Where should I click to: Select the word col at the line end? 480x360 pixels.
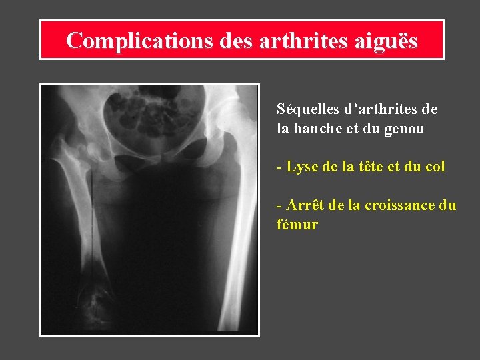tap(434, 167)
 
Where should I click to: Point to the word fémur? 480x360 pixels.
tap(297, 225)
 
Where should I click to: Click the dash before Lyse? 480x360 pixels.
tap(279, 167)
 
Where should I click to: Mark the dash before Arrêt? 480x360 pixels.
tap(279, 206)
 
